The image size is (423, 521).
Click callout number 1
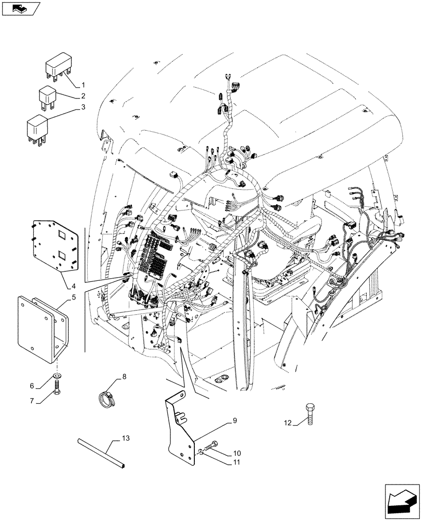pos(82,84)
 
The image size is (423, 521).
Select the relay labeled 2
pos(47,97)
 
